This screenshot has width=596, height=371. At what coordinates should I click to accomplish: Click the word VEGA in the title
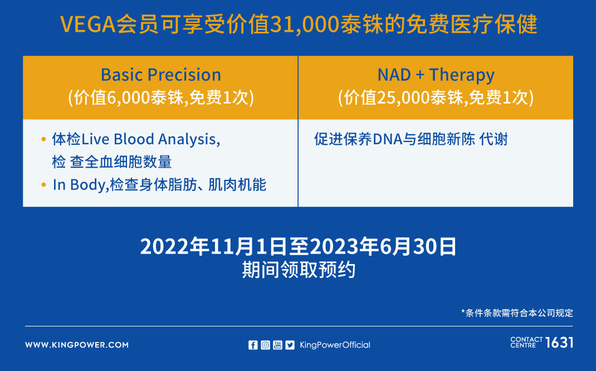point(88,25)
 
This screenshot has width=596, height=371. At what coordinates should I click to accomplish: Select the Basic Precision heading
point(161,75)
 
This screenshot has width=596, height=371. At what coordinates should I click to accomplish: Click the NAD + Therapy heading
point(436,75)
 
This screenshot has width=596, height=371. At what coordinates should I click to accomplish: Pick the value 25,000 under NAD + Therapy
point(404,97)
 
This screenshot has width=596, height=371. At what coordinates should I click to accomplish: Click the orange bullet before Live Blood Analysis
point(43,139)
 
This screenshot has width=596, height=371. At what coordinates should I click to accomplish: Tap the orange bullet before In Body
point(43,185)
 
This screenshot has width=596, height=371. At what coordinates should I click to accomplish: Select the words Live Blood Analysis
point(150,139)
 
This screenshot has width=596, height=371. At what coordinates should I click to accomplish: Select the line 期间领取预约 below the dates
point(299,270)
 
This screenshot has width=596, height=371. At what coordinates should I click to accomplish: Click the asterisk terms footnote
point(517,313)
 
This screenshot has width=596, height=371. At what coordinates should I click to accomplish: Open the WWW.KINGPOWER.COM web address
point(77,345)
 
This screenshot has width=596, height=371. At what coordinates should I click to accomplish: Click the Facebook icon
point(253,345)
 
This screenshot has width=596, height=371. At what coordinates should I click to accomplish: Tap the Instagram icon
point(265,345)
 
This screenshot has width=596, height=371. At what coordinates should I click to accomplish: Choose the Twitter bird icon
point(290,345)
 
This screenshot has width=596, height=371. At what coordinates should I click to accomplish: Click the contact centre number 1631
point(559,343)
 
